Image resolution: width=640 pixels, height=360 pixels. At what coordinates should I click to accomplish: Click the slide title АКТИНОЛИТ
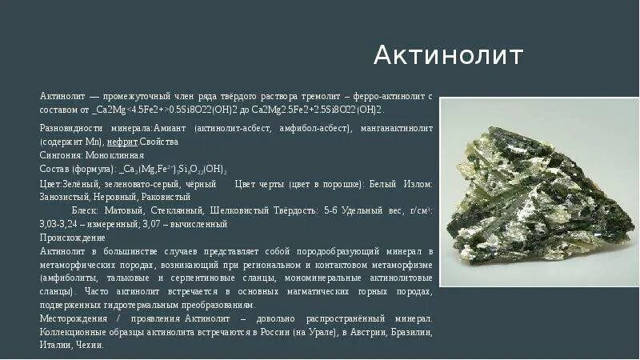pos(449,56)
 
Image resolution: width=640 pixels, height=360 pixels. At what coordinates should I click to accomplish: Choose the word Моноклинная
pos(118,155)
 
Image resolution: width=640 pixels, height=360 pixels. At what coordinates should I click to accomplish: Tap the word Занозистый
pos(64,196)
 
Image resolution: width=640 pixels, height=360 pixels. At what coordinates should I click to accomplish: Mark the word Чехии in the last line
pos(91,345)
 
